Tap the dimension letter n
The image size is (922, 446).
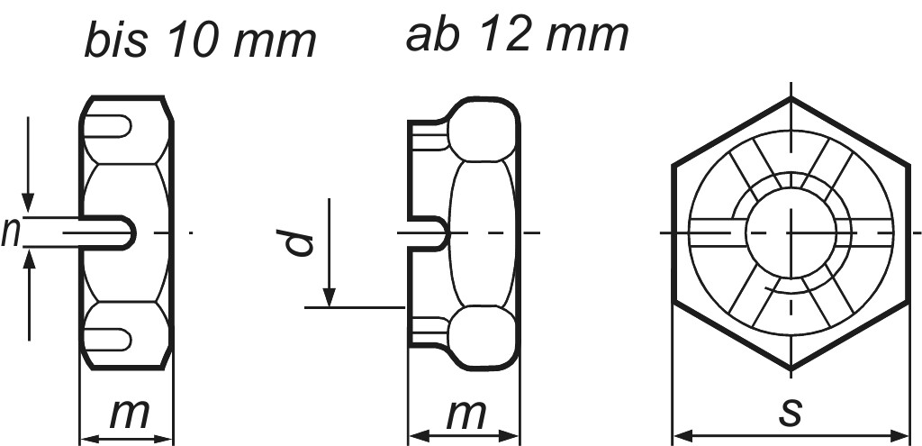12,232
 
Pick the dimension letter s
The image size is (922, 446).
791,413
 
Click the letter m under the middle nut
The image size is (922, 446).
466,414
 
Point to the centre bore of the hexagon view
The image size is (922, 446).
791,232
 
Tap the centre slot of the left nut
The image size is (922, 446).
113,232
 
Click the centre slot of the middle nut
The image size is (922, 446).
429,233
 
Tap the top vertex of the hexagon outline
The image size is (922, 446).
791,96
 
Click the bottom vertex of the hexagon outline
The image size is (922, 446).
791,369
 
